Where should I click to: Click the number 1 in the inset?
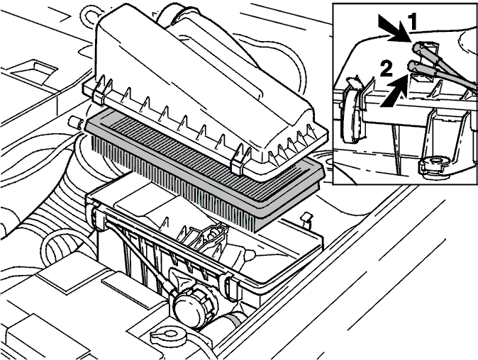[x=412, y=22]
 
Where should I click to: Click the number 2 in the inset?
[x=386, y=69]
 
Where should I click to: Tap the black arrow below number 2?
[x=394, y=91]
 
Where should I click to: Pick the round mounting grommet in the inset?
[x=435, y=164]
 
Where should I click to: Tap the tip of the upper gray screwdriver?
[x=417, y=47]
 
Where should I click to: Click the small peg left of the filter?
[x=74, y=123]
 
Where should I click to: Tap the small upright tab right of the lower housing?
[x=306, y=220]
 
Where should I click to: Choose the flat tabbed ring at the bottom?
[x=168, y=336]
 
